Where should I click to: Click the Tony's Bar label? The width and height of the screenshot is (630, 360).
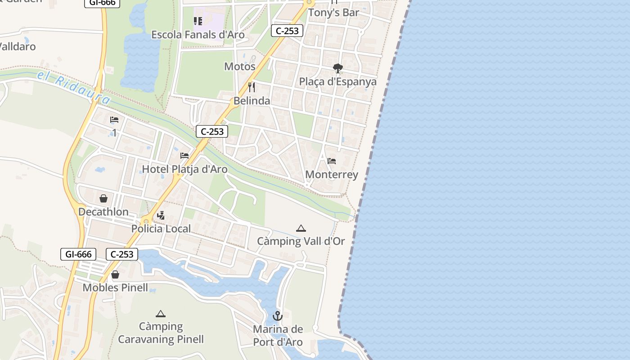coord(333,13)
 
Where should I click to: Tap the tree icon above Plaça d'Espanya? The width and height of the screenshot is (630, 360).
coord(338,68)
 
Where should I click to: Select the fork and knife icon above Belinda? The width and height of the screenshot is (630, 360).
coord(252,87)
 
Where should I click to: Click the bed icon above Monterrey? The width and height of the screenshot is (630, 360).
coord(332,161)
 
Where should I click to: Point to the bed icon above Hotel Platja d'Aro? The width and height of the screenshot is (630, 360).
coord(184,156)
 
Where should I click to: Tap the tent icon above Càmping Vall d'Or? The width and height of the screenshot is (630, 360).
coord(301,229)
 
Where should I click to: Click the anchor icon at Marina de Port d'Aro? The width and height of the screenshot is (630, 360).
coord(278,316)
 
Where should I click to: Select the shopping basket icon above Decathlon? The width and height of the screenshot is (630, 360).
coord(103,198)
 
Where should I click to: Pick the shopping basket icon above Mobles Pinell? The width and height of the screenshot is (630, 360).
coord(115,274)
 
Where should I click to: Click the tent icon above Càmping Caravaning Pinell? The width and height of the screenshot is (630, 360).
coord(161,314)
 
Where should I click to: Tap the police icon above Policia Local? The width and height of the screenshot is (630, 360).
coord(161,216)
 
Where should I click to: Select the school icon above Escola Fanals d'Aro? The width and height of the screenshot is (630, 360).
coord(198,21)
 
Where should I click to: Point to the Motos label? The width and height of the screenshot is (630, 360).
coord(240,67)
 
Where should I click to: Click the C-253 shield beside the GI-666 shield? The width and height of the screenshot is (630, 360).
coord(122,254)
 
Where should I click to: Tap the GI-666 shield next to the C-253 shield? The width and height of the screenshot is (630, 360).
coord(78,254)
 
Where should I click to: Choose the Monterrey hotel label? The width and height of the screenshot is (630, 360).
coord(332,175)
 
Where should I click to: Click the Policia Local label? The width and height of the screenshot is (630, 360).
coord(161,229)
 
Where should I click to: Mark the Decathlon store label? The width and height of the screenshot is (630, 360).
coord(103,211)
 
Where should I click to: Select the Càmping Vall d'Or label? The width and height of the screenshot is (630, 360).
coord(301,241)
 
